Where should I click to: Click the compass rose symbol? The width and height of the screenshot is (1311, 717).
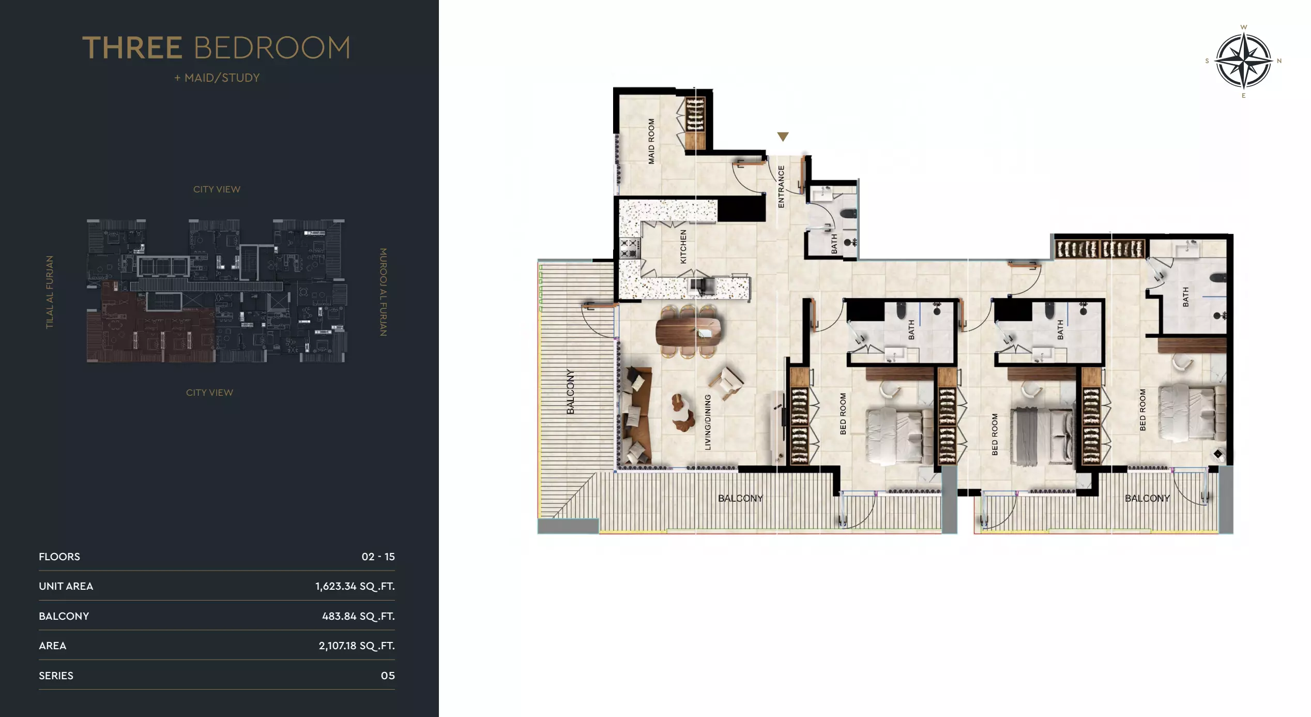point(1243,61)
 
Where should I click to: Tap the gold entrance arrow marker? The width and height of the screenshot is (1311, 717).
point(783,137)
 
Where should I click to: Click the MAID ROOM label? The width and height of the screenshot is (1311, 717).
point(651,141)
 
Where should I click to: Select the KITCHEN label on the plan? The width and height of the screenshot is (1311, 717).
point(683,247)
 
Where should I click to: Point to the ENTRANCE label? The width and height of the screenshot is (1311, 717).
point(781,187)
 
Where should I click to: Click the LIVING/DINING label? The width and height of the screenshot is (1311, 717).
point(708,422)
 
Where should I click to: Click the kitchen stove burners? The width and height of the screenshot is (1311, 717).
point(629,248)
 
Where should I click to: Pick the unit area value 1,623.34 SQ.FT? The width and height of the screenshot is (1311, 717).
point(355,586)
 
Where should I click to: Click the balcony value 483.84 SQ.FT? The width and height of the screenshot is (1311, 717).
point(358,616)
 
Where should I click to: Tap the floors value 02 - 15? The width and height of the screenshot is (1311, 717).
point(378,557)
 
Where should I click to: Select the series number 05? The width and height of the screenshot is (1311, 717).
point(388,676)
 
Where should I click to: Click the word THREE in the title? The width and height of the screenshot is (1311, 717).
point(132,48)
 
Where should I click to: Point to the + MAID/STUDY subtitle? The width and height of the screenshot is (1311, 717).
point(217,78)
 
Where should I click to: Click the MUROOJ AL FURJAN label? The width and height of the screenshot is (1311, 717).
point(383,292)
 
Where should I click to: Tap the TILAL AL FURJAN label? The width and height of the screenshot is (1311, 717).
point(50,292)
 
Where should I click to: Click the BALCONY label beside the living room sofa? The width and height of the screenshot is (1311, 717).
point(570,392)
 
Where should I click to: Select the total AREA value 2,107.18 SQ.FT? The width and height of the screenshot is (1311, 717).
point(356,646)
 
